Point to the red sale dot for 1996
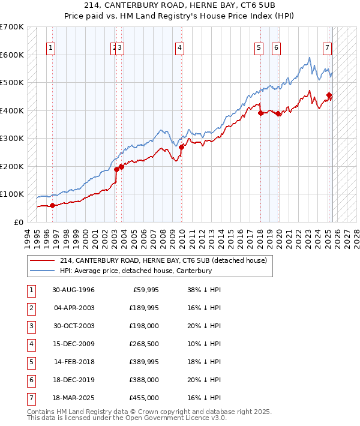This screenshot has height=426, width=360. (52, 205)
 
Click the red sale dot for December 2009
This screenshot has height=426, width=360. (181, 147)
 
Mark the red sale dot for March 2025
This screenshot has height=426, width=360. (329, 95)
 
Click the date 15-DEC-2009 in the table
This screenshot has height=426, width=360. (73, 344)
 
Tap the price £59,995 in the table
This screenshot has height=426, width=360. (144, 289)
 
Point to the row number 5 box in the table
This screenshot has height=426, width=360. (30, 362)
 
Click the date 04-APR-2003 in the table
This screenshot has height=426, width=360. (73, 308)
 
